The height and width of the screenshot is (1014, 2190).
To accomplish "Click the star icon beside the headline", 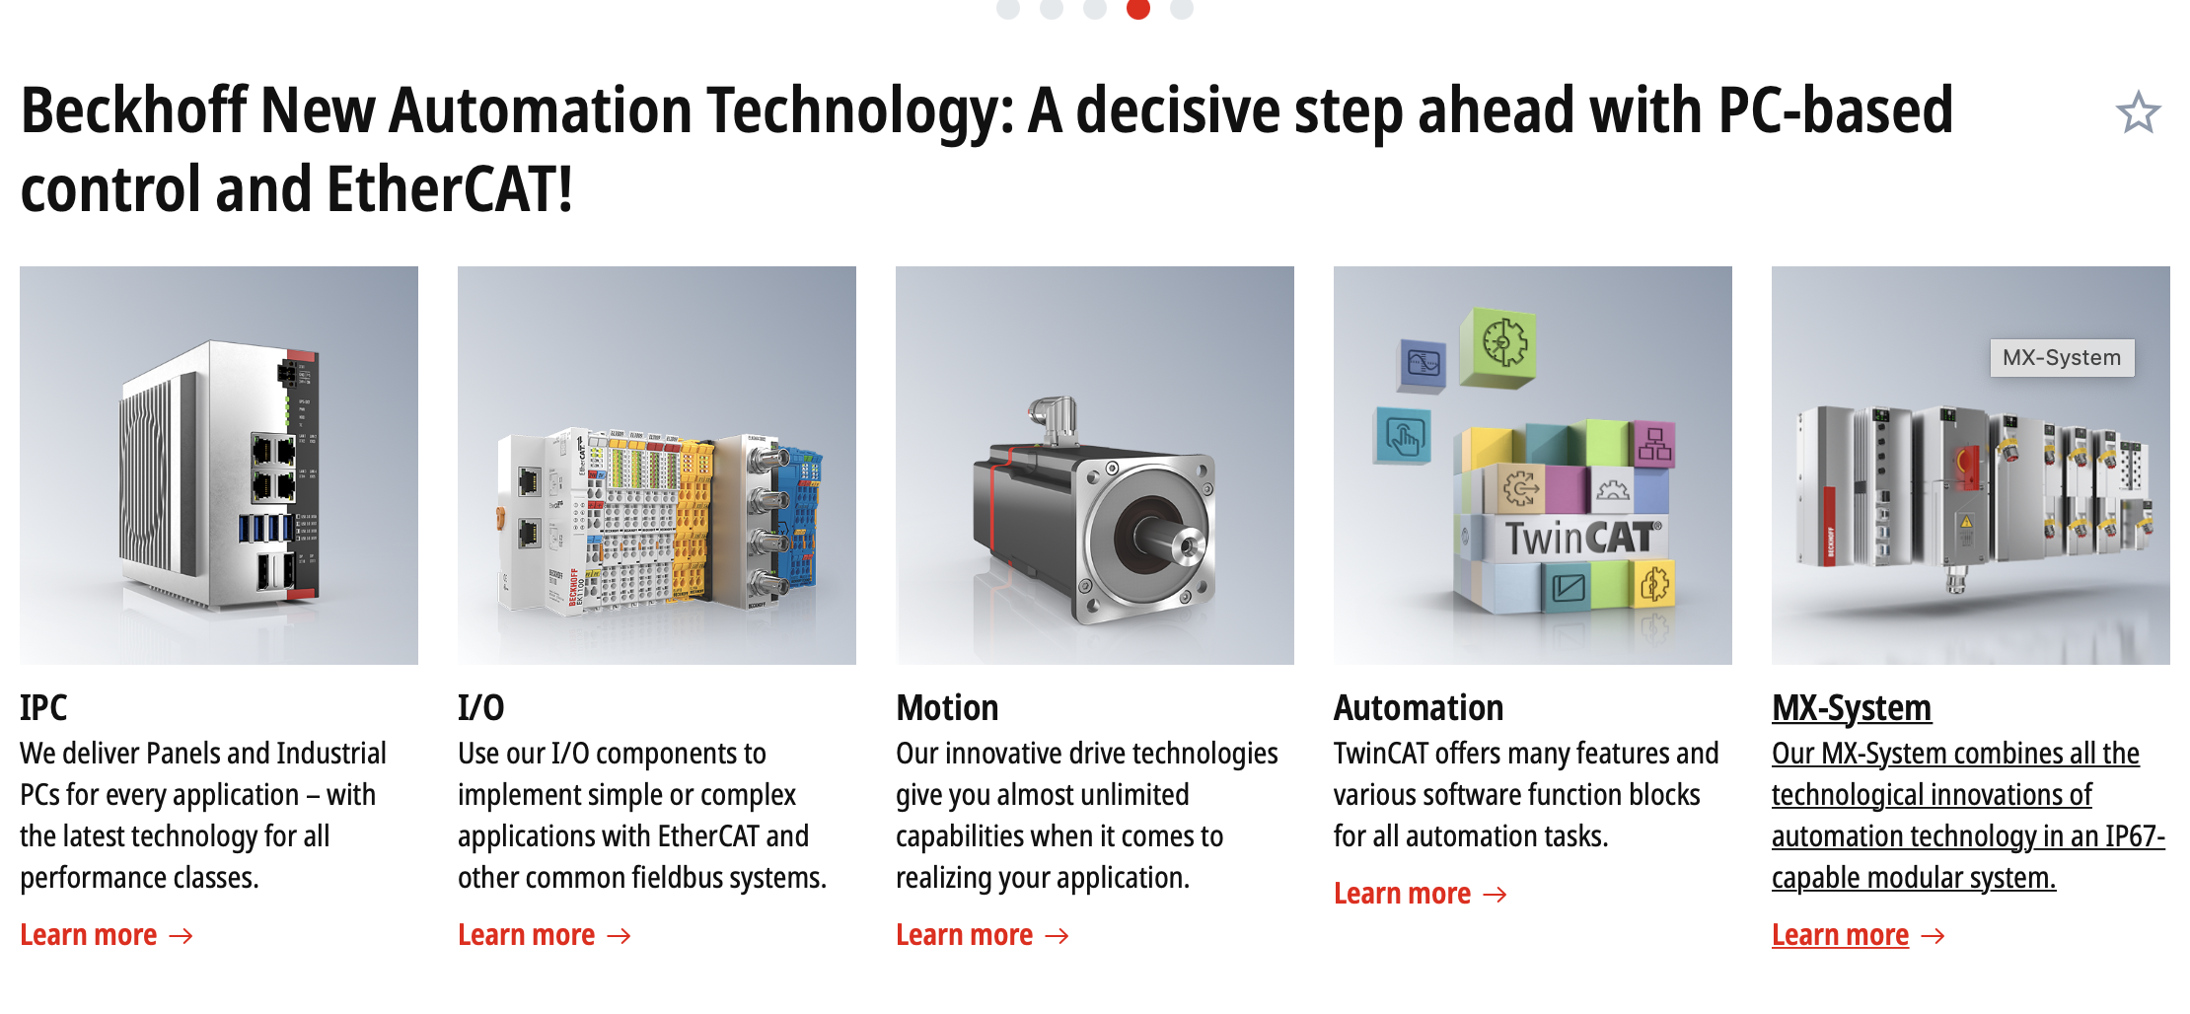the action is point(2138,112).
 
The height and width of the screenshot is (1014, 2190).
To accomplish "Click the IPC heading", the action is point(43,707).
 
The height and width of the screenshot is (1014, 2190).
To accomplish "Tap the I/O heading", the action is point(480,707).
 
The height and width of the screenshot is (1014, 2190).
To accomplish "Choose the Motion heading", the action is point(947,707).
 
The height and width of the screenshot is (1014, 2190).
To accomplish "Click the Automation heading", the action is point(1419,707).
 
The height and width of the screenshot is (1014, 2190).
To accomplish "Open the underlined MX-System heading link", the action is point(1852,708).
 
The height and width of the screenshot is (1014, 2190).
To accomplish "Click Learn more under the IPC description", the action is point(107,935).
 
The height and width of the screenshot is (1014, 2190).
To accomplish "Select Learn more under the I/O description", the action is point(545,935).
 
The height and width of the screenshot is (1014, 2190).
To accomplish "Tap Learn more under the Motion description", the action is point(983,935).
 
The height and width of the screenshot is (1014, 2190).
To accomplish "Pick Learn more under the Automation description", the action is point(1421,894).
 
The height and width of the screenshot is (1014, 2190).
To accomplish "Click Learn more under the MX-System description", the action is point(1859,935).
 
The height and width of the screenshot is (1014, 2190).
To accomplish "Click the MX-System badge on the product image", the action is point(2062,357).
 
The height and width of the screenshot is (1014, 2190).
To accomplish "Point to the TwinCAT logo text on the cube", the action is point(1582,539).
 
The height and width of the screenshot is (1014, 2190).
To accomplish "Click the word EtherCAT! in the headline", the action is point(450,189).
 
